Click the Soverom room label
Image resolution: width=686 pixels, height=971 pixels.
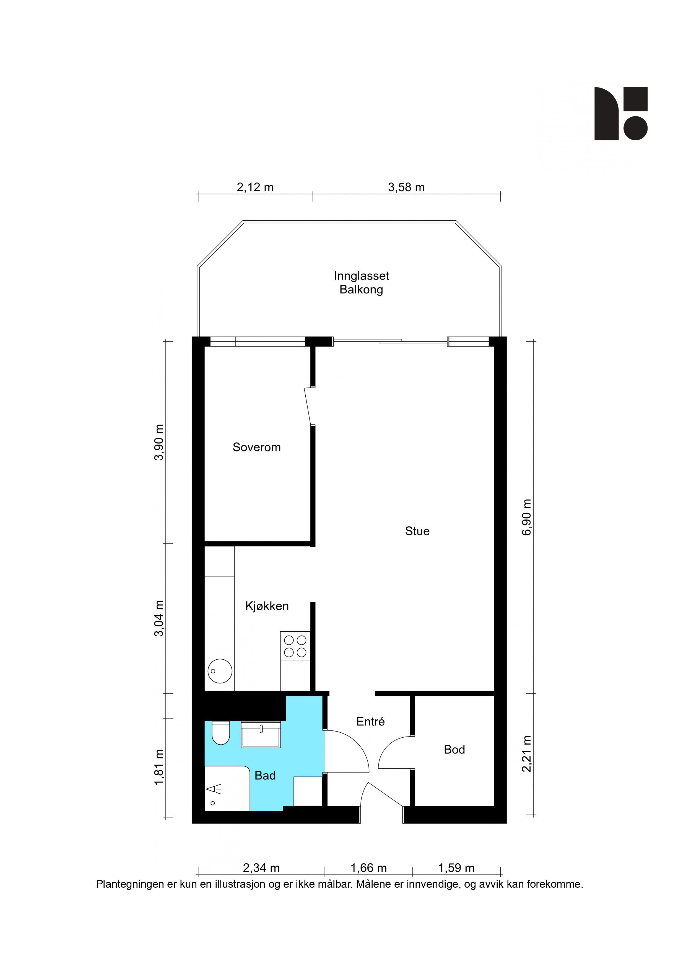tap(257, 447)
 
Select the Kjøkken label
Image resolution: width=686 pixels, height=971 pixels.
tap(267, 606)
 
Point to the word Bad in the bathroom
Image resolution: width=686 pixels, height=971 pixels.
tap(265, 775)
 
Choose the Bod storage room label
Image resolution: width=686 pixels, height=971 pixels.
tap(454, 749)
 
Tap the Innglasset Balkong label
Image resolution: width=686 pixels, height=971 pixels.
tap(361, 283)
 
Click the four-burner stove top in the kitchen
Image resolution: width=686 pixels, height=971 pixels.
tap(295, 646)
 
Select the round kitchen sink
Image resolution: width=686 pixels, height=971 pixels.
tap(220, 671)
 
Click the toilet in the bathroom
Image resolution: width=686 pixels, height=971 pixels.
tap(220, 733)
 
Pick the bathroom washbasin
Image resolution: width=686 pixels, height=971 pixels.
tap(261, 735)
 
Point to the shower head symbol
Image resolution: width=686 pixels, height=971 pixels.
tap(214, 789)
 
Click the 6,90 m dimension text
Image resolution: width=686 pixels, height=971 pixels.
tap(527, 517)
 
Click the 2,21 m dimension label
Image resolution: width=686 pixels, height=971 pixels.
tap(527, 754)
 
